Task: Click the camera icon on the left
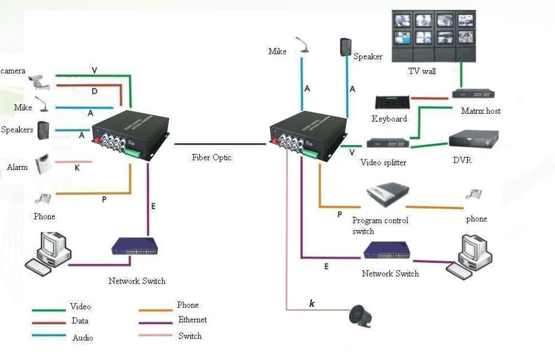point(39,82)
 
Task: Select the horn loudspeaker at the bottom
point(360,316)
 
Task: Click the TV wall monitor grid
point(433,36)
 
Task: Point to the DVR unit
point(474,139)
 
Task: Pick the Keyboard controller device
point(392,102)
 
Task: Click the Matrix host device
point(473,94)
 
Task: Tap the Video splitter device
point(387,143)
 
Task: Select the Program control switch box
point(387,195)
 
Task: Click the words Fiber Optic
point(212,158)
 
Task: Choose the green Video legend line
point(49,310)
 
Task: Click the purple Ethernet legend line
point(156,323)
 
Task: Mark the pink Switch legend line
point(156,335)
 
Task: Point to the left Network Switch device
point(135,246)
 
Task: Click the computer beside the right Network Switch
point(469,256)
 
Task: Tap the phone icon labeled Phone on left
point(43,199)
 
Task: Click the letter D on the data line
point(95,91)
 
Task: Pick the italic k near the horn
point(312,303)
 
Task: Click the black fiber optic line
point(220,144)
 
